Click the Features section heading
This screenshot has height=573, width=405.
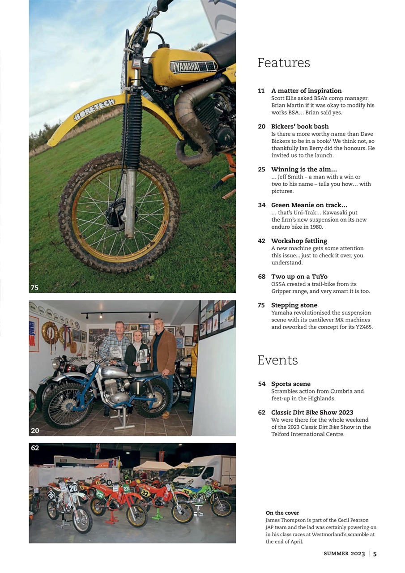pyautogui.click(x=283, y=63)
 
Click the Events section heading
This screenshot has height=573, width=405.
pyautogui.click(x=277, y=360)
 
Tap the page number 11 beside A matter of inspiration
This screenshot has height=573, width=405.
pyautogui.click(x=261, y=91)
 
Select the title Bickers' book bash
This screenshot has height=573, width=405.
pyautogui.click(x=300, y=127)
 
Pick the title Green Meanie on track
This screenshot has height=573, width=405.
pyautogui.click(x=309, y=205)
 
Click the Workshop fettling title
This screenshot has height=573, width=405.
pyautogui.click(x=299, y=241)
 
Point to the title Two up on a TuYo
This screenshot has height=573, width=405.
pyautogui.click(x=299, y=277)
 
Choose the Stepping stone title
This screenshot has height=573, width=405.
pyautogui.click(x=294, y=305)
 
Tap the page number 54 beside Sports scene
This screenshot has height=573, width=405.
pyautogui.click(x=262, y=384)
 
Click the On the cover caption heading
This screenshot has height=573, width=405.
pyautogui.click(x=282, y=513)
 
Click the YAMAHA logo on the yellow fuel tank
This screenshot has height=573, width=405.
pyautogui.click(x=193, y=67)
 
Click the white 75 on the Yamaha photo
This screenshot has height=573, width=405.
pyautogui.click(x=34, y=288)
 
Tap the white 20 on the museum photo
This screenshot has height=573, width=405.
pyautogui.click(x=35, y=431)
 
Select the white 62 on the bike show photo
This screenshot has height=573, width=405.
pyautogui.click(x=35, y=448)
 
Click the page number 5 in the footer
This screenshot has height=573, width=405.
pyautogui.click(x=375, y=554)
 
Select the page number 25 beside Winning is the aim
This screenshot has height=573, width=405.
pyautogui.click(x=262, y=170)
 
